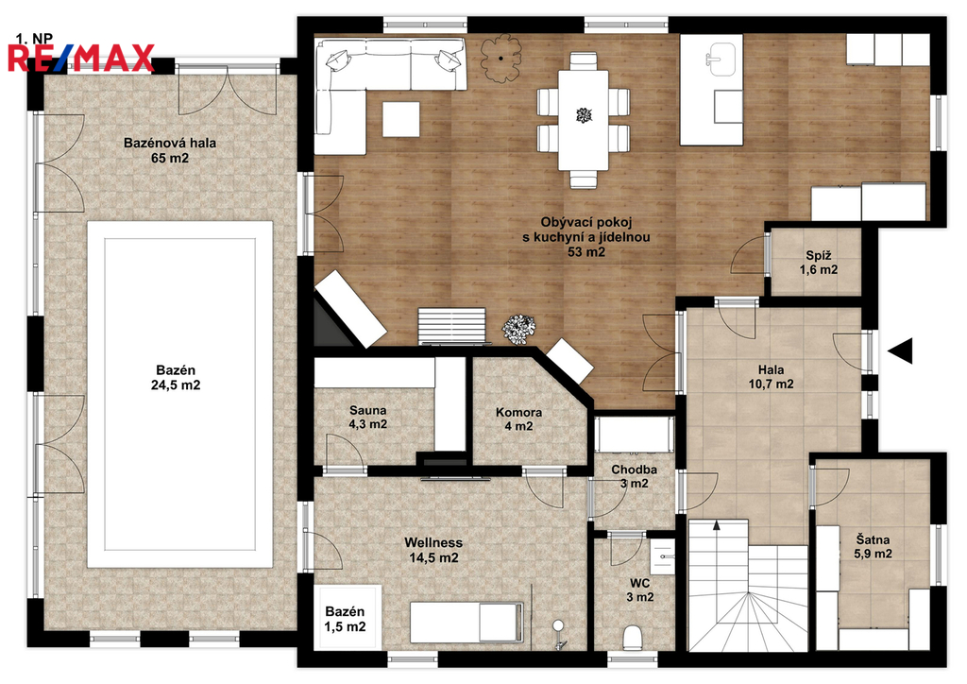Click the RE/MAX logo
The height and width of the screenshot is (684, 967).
point(81,58)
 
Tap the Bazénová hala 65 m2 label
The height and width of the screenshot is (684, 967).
point(170,150)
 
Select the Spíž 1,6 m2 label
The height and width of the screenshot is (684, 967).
point(819,262)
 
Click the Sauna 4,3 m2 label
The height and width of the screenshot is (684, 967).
point(368,417)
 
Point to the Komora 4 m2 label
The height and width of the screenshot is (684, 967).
point(518,419)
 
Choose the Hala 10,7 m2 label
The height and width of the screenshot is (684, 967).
point(771,377)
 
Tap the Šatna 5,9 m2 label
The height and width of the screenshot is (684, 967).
point(873,546)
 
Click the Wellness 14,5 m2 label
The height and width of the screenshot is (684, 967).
point(433,550)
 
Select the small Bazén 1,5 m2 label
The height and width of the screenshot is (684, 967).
point(345,619)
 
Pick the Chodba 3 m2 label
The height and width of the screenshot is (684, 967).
point(634,476)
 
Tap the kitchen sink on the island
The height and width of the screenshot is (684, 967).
point(722,59)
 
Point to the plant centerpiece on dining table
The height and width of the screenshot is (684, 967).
point(584,114)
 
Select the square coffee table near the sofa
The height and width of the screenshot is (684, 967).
point(400,119)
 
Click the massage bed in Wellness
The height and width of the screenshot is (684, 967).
point(467,622)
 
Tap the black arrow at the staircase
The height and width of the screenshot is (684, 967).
point(717,525)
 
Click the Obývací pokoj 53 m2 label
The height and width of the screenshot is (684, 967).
point(585,237)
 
